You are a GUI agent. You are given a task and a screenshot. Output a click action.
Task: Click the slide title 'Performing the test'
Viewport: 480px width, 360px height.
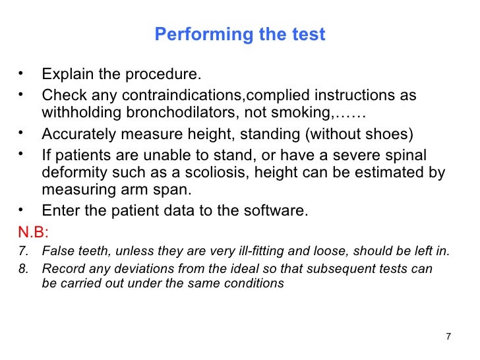pos(240,35)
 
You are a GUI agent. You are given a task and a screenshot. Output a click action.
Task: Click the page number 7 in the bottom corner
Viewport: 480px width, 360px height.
pos(448,337)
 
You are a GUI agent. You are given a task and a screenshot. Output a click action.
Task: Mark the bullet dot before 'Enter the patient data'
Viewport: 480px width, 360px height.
pos(22,211)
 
